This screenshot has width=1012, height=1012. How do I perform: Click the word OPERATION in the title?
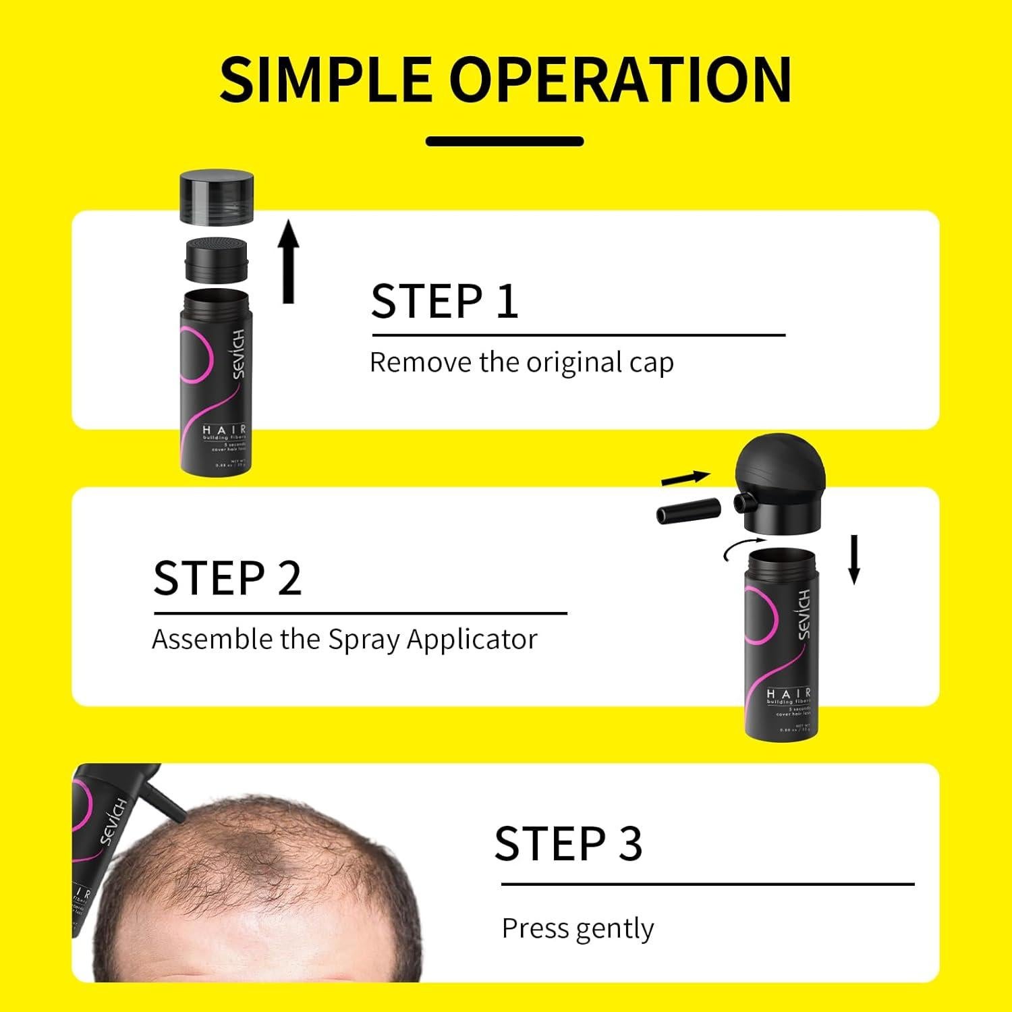tap(621, 80)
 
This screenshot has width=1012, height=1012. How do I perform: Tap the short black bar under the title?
tap(505, 141)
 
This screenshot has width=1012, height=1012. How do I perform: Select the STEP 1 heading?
tap(445, 301)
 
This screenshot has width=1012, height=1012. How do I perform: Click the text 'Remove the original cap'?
tap(522, 363)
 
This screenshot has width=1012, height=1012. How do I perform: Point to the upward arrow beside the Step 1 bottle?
tap(289, 262)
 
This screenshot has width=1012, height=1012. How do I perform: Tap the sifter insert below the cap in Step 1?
tap(217, 258)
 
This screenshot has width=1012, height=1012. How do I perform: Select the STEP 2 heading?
tap(227, 578)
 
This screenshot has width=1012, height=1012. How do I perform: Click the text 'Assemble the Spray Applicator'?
tap(345, 639)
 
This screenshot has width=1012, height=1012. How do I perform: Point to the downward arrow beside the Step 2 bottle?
tap(853, 559)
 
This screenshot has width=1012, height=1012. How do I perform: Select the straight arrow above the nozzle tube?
tap(685, 478)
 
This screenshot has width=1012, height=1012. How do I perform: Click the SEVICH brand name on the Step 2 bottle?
tap(803, 613)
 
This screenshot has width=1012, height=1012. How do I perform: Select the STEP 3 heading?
tap(568, 843)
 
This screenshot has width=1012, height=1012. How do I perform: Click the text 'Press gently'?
tap(578, 928)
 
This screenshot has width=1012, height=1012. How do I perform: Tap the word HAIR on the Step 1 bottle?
tap(224, 430)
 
